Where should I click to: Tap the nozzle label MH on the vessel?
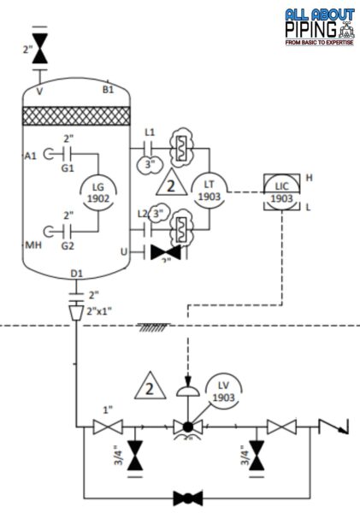[x=33, y=245]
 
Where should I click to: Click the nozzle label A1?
[x=32, y=156]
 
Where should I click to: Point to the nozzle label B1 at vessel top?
[x=109, y=89]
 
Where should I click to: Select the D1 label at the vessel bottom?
[x=76, y=274]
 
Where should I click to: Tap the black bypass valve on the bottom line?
[x=186, y=496]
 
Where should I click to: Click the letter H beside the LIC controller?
[x=310, y=177]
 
